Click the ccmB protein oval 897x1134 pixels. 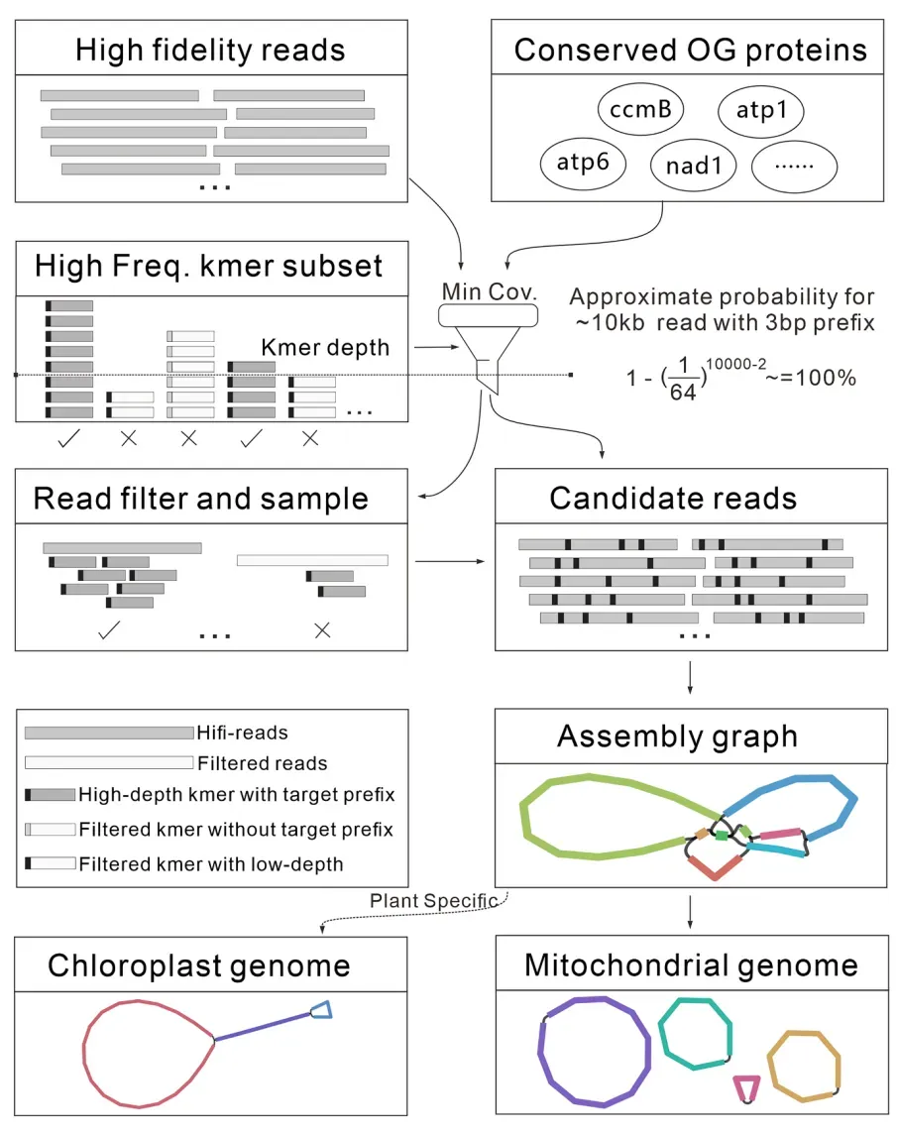[641, 109]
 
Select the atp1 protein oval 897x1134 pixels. [761, 110]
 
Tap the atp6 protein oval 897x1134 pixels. [583, 164]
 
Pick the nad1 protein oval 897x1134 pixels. [694, 166]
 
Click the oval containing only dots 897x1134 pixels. [794, 168]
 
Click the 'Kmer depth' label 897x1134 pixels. [325, 348]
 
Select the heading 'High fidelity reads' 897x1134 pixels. [210, 50]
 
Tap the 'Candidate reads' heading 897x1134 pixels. [673, 499]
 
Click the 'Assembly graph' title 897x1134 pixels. [677, 737]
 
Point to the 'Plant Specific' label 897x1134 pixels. [434, 900]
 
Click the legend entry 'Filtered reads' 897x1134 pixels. [262, 763]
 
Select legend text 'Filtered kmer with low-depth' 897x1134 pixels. [211, 864]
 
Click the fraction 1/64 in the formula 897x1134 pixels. [683, 379]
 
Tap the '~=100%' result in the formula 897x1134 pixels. [811, 378]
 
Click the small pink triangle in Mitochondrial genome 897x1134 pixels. [746, 1088]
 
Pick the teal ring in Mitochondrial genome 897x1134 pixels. [695, 1034]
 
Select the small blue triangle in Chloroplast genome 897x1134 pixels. [321, 1010]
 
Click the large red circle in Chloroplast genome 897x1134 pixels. [149, 1054]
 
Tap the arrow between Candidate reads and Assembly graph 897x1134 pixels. [690, 678]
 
